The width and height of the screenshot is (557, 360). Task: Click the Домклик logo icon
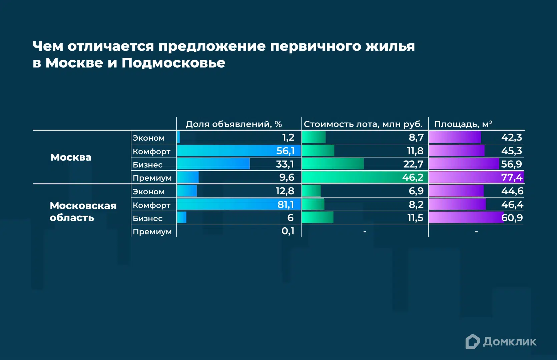coord(472,342)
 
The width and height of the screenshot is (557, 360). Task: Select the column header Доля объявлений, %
coord(233,124)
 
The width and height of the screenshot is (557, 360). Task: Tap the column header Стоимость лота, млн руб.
coord(363,124)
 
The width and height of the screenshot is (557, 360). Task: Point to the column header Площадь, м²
coord(463,124)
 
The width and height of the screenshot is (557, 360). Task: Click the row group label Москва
coord(71,157)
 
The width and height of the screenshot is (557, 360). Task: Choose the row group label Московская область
coord(83,212)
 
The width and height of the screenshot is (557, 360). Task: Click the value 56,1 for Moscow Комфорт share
coord(286,151)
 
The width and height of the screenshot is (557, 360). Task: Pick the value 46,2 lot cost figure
coord(413,177)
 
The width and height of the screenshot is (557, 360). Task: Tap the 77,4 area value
coord(512,177)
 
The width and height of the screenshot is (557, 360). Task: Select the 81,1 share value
coord(286,204)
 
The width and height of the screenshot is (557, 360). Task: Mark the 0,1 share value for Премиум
coord(288,231)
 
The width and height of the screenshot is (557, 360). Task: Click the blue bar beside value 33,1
coord(213,164)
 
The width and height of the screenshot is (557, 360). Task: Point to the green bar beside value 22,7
coord(333,164)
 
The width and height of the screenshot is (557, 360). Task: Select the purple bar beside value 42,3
coord(455,137)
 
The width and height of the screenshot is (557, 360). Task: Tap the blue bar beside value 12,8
coord(187,191)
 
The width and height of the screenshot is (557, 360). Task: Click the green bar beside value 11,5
coord(317,218)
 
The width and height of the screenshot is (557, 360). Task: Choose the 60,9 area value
coord(512,218)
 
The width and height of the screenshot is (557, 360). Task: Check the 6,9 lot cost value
coord(416,191)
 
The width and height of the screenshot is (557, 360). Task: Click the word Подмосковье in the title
coord(173,63)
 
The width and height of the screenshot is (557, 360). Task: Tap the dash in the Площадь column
coord(476,231)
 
